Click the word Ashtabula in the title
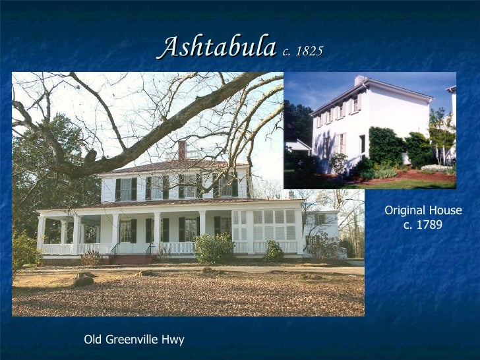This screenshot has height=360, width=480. (216, 47)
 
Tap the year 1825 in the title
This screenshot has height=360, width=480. (309, 51)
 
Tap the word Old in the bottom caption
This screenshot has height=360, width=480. (94, 340)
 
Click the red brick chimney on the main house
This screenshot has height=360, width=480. (182, 150)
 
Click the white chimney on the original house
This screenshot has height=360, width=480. (360, 80)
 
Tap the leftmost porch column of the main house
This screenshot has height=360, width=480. (41, 234)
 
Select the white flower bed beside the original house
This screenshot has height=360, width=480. (436, 169)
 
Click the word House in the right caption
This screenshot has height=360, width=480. (446, 211)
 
